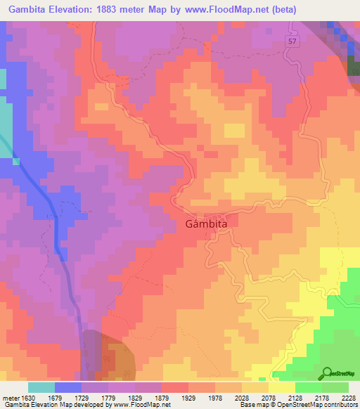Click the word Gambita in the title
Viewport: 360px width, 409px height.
29,10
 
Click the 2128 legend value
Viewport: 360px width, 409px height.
295,398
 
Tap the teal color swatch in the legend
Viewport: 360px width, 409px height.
41,387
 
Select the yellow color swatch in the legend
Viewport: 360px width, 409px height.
282,387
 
